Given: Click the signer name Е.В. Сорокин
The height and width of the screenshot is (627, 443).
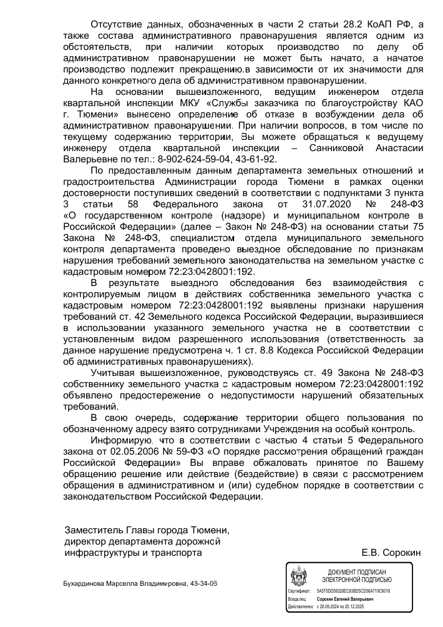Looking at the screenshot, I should (391, 553).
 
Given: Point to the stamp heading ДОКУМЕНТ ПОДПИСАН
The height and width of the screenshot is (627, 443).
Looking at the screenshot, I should (356, 572).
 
